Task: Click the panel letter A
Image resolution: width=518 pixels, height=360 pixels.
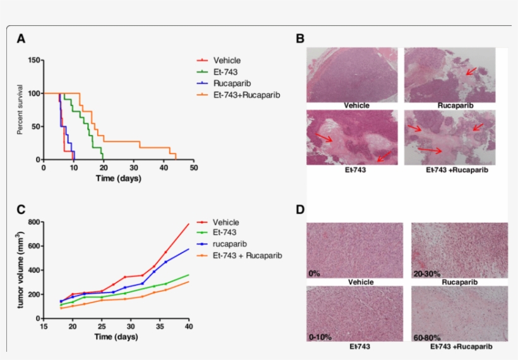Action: point(21,39)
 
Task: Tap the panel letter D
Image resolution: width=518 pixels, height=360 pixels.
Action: point(301,209)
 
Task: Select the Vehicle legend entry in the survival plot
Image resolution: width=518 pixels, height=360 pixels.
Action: point(226,61)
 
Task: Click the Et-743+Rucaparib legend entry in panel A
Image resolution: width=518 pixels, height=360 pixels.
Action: point(246,95)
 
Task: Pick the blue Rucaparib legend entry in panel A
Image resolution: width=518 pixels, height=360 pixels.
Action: point(232,83)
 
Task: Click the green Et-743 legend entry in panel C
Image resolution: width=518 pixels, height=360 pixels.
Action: point(226,233)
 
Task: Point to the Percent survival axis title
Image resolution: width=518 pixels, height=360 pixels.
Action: point(21,110)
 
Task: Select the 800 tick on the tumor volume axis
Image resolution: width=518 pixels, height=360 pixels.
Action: point(33,222)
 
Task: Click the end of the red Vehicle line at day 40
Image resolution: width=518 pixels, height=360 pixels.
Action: point(189,224)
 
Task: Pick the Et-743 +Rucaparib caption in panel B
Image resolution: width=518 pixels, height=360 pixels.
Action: point(450,169)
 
